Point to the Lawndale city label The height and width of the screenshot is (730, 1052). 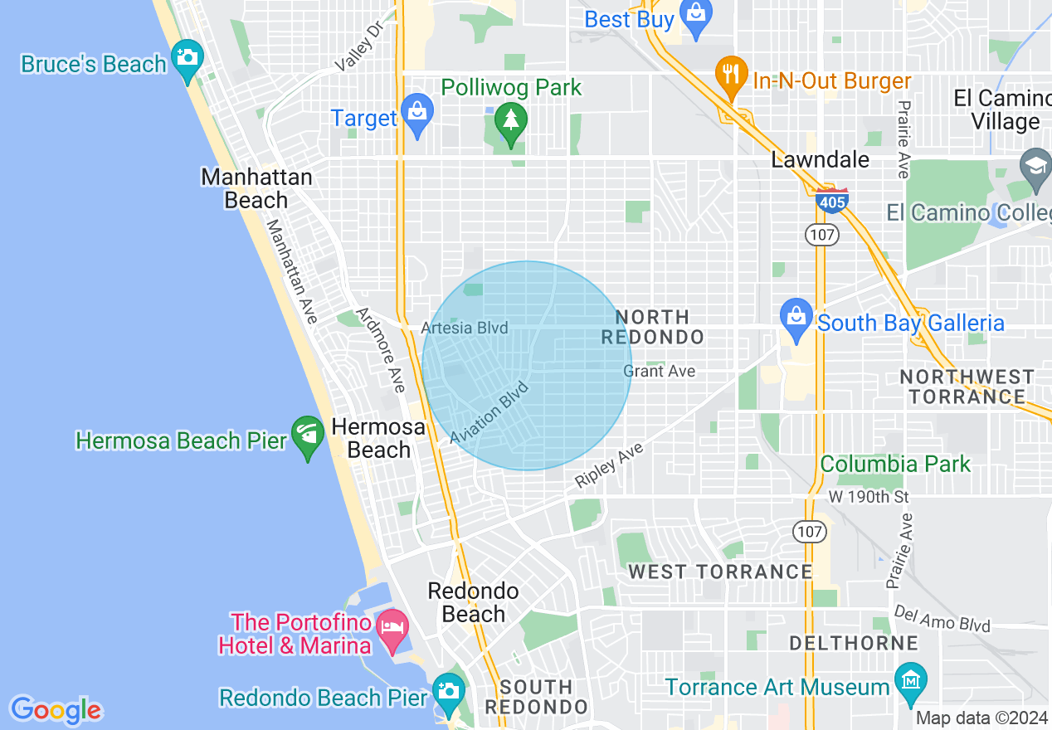(821, 159)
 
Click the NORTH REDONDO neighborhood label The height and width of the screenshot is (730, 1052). (652, 327)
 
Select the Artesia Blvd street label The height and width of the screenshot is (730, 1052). (465, 328)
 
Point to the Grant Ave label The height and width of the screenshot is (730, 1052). (660, 371)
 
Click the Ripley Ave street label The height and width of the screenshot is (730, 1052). (609, 466)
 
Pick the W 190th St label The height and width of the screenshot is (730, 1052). (869, 497)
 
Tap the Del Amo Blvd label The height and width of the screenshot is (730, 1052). (942, 618)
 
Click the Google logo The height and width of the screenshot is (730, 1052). (56, 710)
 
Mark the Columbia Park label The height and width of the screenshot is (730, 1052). (895, 464)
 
